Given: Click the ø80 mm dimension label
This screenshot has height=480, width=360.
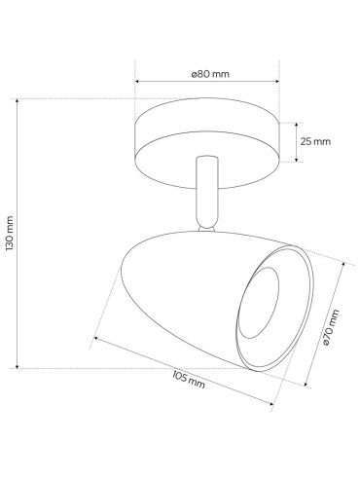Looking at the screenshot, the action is [x=210, y=74].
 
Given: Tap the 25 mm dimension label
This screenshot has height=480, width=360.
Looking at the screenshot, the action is [x=315, y=141].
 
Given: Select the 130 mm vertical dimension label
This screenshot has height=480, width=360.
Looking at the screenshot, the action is [x=10, y=233].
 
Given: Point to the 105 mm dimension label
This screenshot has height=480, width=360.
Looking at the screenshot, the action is [x=189, y=380].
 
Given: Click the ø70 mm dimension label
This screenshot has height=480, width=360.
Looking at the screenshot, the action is [x=331, y=327].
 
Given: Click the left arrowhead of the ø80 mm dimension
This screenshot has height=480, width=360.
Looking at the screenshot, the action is [x=137, y=81].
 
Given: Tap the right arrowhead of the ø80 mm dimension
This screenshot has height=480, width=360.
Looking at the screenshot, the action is [x=276, y=81].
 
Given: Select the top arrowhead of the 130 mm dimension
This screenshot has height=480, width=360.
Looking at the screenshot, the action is [x=18, y=101].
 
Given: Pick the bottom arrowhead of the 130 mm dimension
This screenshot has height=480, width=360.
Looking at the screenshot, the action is [x=18, y=365].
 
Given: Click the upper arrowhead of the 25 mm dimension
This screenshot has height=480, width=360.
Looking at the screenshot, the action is [x=296, y=126].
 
